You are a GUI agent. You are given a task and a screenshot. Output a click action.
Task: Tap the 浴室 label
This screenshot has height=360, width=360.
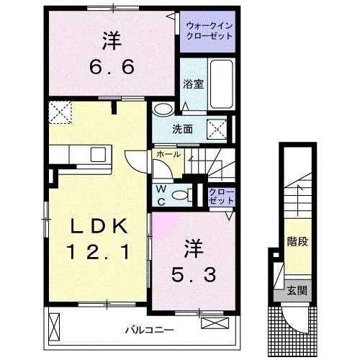pyautogui.click(x=194, y=84)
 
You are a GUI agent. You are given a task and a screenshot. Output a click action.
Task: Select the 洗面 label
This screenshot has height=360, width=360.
pyautogui.click(x=182, y=130)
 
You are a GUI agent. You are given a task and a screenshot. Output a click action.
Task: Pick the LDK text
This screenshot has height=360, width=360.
pyautogui.click(x=99, y=228)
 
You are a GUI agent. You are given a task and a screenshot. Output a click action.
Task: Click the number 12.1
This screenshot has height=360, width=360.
pyautogui.click(x=99, y=253)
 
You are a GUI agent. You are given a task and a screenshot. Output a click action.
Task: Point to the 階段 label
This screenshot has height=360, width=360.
pyautogui.click(x=293, y=240)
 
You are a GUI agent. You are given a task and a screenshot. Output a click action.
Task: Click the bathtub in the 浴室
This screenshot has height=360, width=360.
pyautogui.click(x=224, y=83)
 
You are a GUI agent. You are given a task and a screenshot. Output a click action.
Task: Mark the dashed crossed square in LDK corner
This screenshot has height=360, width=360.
pyautogui.click(x=58, y=112)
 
